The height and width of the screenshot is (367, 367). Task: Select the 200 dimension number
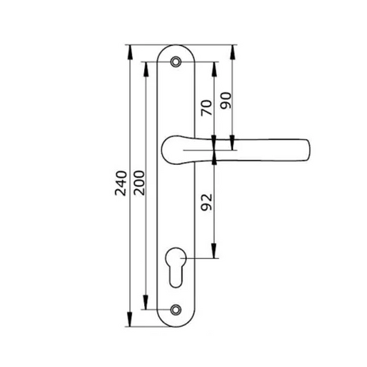[140, 185]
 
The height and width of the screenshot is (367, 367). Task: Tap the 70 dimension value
[205, 108]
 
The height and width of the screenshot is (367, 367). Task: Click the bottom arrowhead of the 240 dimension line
[130, 323]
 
